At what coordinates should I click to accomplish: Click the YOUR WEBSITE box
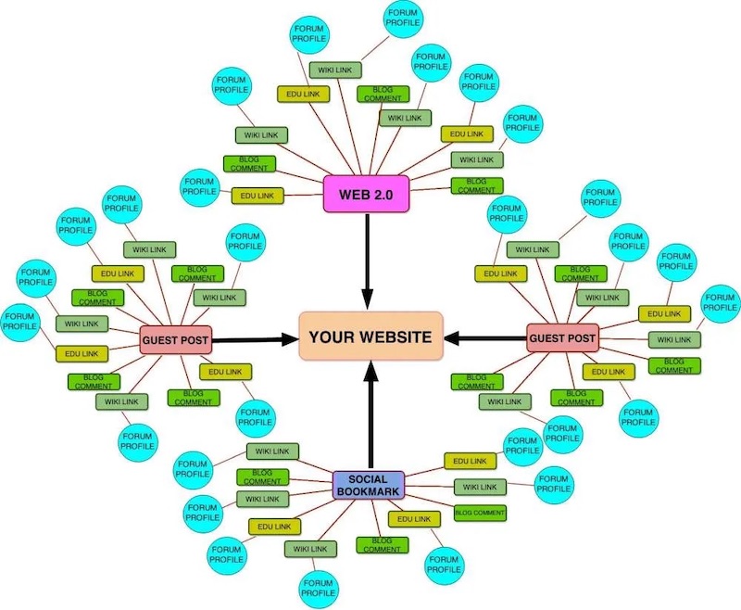[370, 337]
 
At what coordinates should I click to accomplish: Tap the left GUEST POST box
[176, 340]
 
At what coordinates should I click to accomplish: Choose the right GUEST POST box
[562, 338]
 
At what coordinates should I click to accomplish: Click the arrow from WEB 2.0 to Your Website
[368, 260]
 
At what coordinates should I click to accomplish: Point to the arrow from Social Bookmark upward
[370, 417]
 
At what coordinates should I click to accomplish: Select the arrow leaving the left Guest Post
[255, 339]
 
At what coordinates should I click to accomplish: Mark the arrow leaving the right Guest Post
[486, 337]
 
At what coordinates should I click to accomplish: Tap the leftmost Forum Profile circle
[20, 321]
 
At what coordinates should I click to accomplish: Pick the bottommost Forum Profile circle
[316, 586]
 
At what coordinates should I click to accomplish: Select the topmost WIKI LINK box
[339, 70]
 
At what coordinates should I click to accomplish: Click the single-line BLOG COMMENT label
[480, 513]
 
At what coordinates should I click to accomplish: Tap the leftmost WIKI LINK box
[82, 324]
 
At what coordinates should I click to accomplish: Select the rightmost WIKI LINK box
[673, 339]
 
